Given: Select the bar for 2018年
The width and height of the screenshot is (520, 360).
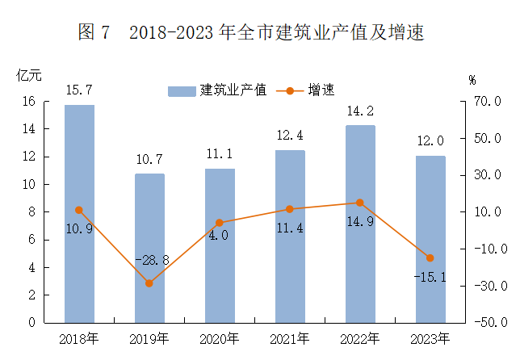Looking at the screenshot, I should point(79,214).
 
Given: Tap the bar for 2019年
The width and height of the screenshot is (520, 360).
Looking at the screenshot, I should point(149,248).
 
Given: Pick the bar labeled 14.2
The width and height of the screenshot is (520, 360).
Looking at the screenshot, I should point(360,224).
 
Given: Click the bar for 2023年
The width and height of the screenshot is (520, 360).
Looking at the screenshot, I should point(430,239).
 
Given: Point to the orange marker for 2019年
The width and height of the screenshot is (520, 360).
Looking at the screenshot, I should point(149,283).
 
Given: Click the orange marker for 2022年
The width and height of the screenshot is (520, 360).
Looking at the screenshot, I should point(360,203).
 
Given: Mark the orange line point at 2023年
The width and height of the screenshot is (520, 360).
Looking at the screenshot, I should point(430,258).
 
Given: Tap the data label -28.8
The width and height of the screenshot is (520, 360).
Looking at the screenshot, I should point(151,261).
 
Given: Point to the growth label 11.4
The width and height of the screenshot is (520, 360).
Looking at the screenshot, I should point(290,228).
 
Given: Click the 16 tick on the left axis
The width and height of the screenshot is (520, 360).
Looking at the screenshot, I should point(28,102).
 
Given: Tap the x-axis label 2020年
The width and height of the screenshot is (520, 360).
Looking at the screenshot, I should point(220,338).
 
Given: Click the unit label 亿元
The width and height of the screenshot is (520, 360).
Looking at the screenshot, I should point(28,76).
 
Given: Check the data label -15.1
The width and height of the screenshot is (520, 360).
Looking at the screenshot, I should point(429,278).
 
